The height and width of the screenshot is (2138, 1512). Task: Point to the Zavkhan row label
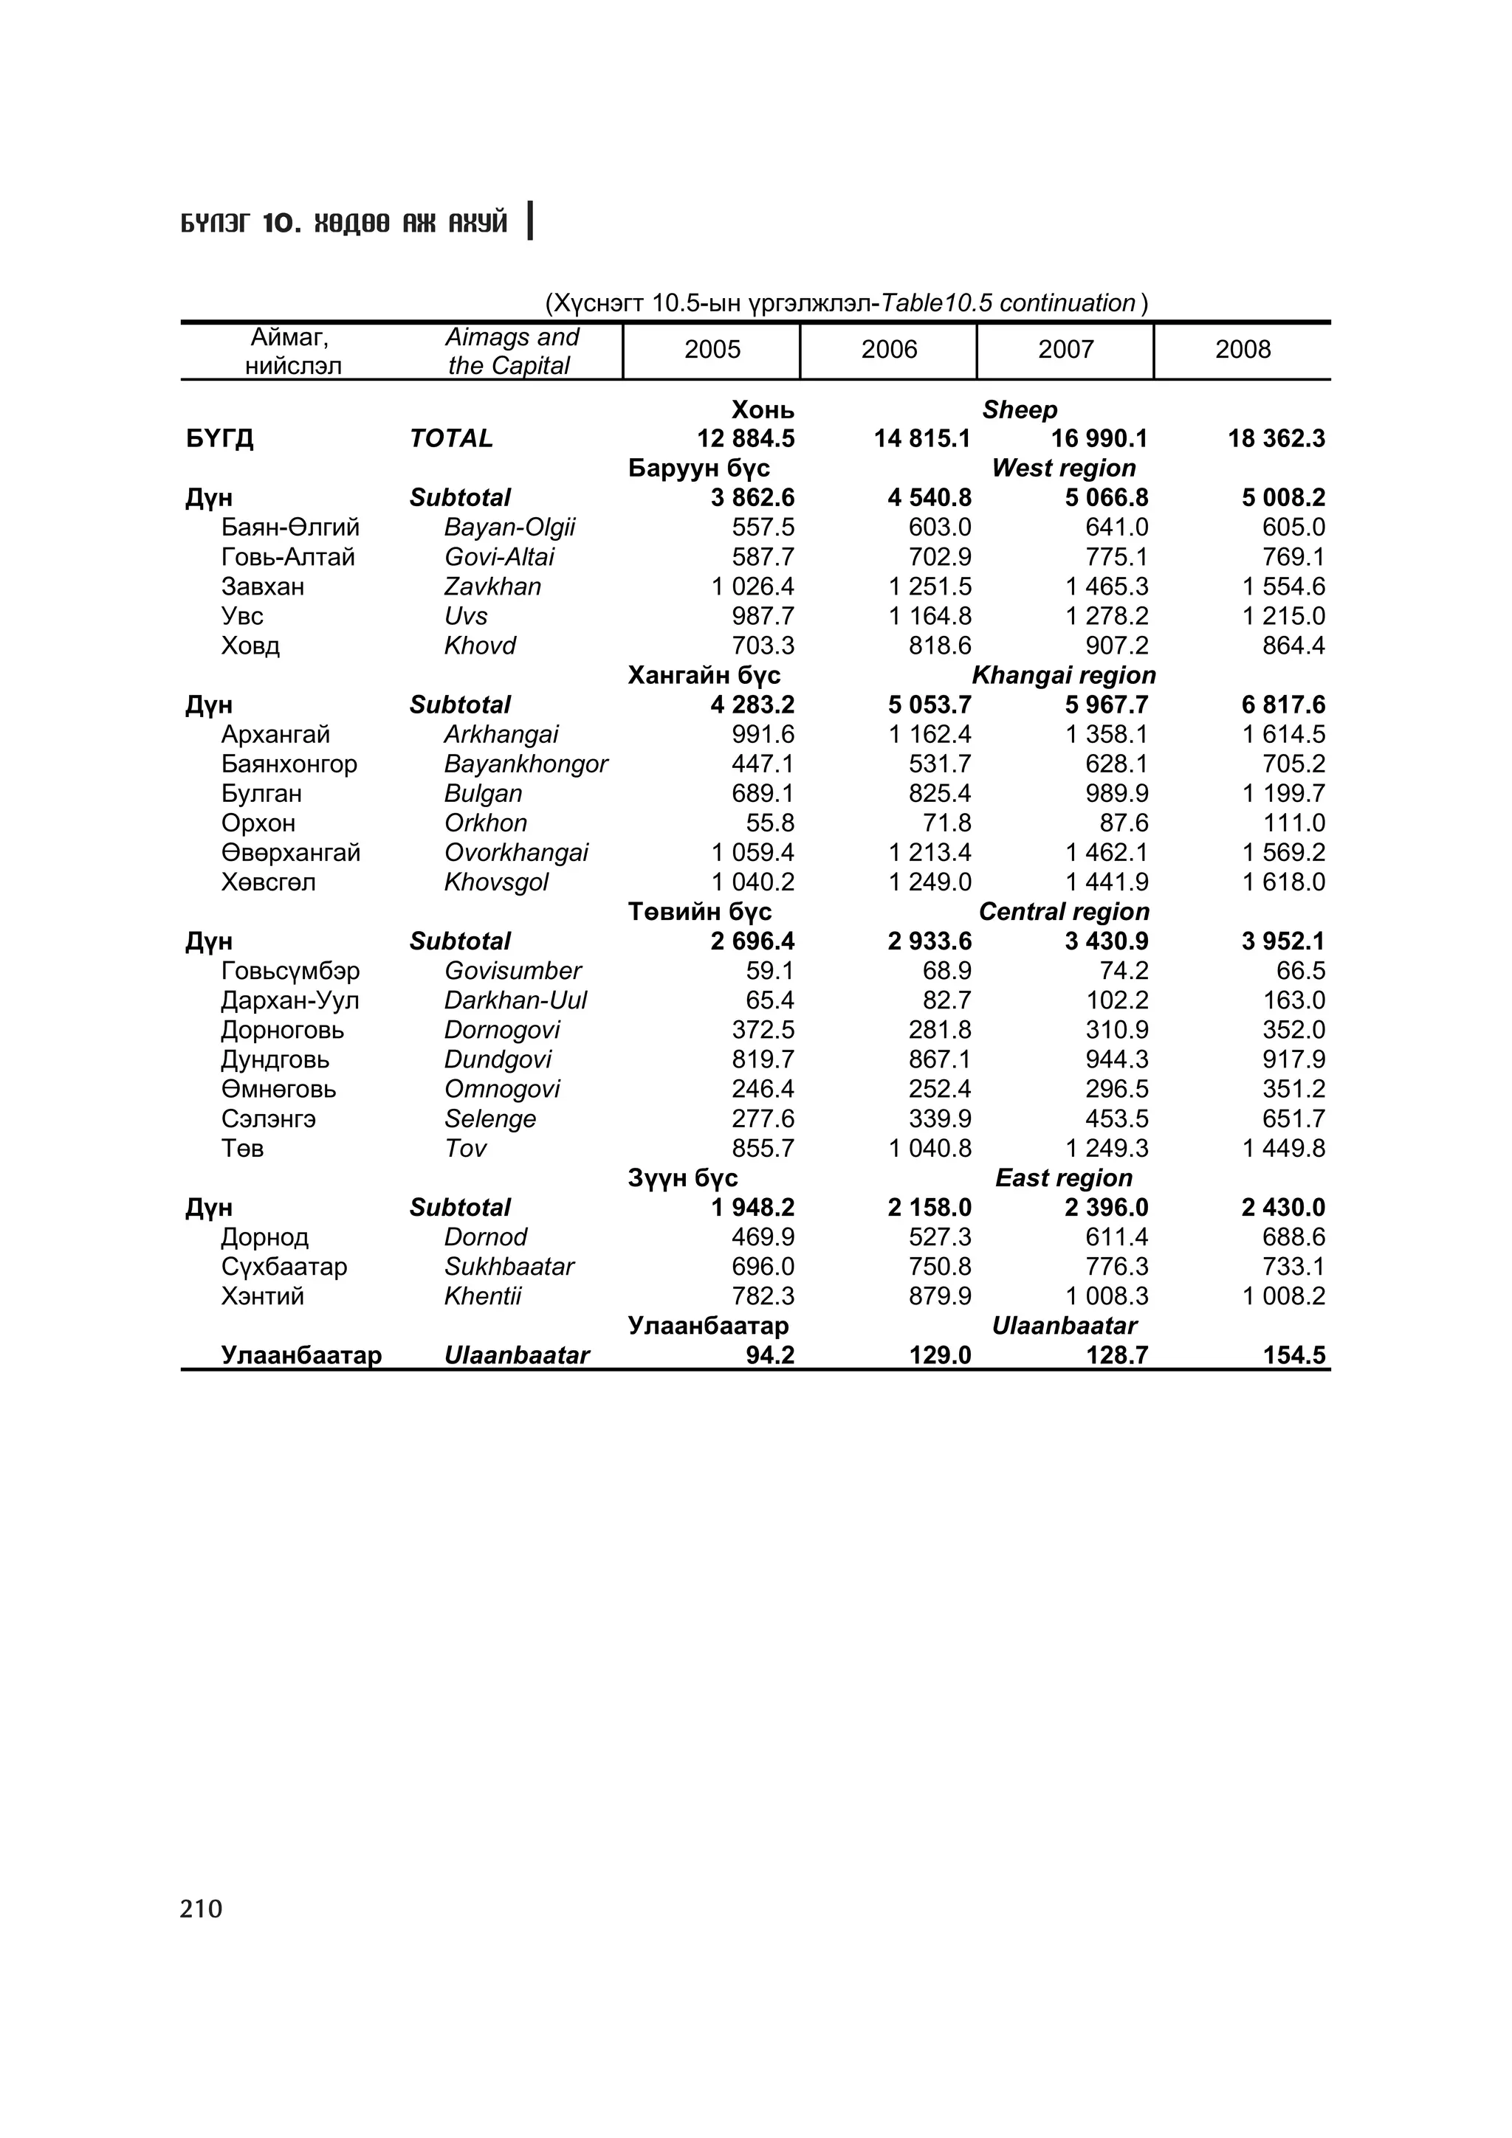pyautogui.click(x=492, y=587)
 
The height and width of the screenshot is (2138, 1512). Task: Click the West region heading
pyautogui.click(x=1063, y=468)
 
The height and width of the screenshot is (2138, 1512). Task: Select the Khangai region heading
pyautogui.click(x=1063, y=675)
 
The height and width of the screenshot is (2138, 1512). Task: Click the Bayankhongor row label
pyautogui.click(x=526, y=764)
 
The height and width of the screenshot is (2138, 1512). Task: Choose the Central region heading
pyautogui.click(x=1063, y=912)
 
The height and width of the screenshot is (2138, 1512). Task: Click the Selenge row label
pyautogui.click(x=490, y=1118)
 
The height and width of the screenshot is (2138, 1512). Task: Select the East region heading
pyautogui.click(x=1063, y=1178)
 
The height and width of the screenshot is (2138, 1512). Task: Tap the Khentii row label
pyautogui.click(x=483, y=1296)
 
